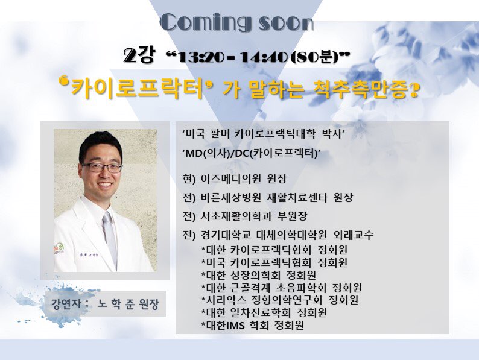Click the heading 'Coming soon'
pyautogui.click(x=237, y=22)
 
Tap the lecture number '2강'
pyautogui.click(x=139, y=55)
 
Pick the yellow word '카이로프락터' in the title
pyautogui.click(x=137, y=88)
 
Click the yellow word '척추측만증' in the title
pyautogui.click(x=360, y=89)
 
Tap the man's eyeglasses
pyautogui.click(x=102, y=167)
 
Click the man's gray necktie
pyautogui.click(x=110, y=238)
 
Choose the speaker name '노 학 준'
pyautogui.click(x=116, y=304)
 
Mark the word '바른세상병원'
pyautogui.click(x=230, y=198)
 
